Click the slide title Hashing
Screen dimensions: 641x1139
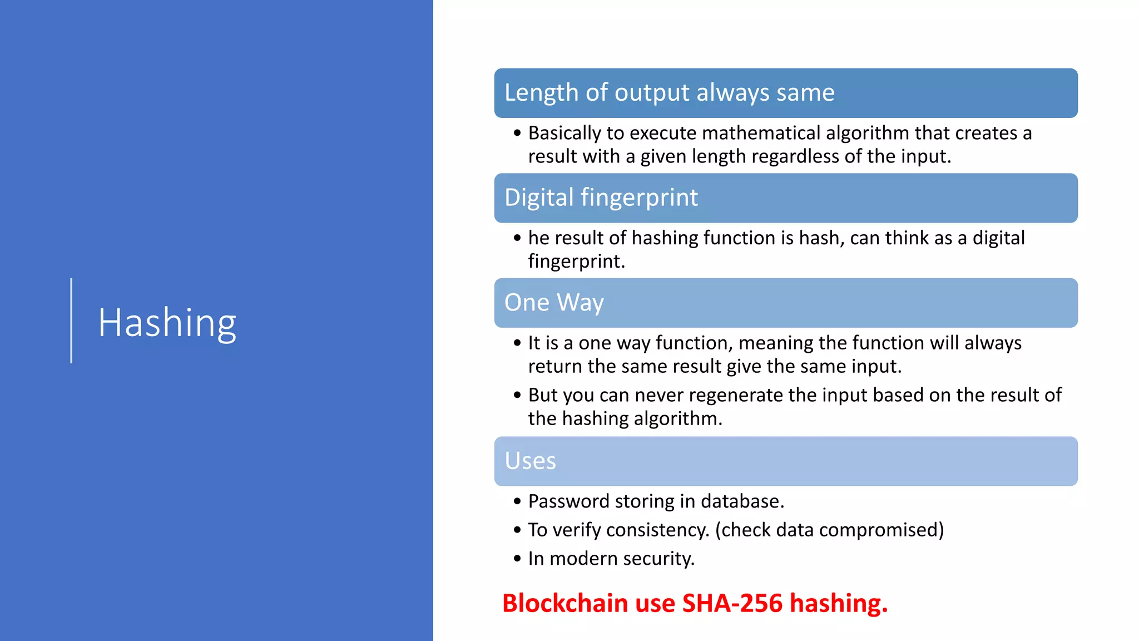(167, 323)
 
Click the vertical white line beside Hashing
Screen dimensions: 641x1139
(71, 320)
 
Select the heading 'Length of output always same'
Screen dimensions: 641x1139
(669, 92)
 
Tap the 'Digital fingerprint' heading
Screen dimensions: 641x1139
(601, 198)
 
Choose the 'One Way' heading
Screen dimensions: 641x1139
(553, 303)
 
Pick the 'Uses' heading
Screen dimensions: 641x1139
(530, 461)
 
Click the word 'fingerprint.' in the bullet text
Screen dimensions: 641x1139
(576, 261)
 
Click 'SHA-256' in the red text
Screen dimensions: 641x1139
(732, 603)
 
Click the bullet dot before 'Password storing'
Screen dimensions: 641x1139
(517, 502)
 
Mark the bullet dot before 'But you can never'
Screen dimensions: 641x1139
(517, 396)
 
